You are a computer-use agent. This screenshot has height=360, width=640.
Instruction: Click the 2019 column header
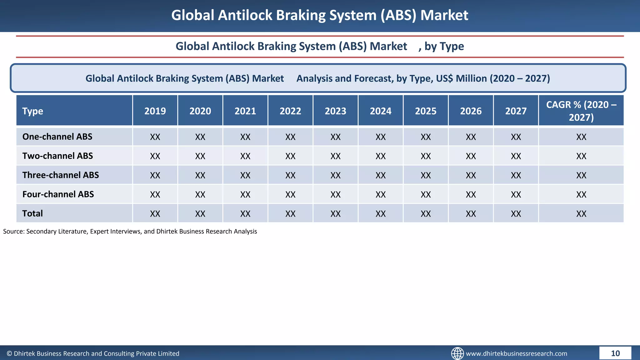point(155,111)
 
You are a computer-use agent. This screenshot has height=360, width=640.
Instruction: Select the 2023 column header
point(335,111)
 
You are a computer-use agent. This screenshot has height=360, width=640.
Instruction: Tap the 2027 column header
point(516,111)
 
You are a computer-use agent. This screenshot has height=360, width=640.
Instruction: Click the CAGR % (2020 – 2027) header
point(581,111)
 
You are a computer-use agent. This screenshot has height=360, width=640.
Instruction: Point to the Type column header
point(33,111)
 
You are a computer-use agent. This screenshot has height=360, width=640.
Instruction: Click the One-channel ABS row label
point(57,137)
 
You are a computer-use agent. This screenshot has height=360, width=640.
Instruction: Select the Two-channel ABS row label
point(57,156)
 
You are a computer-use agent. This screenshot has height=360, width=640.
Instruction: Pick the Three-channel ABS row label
point(61,175)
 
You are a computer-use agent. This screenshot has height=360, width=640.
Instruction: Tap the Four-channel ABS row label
point(58,194)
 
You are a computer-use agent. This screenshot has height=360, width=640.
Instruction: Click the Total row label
point(32,213)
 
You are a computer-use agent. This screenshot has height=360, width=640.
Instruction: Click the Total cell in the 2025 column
point(426,214)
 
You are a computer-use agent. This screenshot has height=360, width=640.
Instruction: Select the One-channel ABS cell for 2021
point(245,137)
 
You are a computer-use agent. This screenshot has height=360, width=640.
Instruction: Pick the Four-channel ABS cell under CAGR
point(581,194)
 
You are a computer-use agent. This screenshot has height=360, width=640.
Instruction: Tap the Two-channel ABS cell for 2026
point(471,156)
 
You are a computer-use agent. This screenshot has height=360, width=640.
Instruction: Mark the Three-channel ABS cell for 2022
point(290,175)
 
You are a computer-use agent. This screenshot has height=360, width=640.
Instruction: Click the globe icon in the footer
point(457,353)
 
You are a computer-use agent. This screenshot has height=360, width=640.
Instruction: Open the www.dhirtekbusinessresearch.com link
point(516,353)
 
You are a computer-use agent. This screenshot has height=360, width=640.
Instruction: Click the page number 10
point(615,353)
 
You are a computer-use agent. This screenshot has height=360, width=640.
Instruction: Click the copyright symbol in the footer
point(9,353)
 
